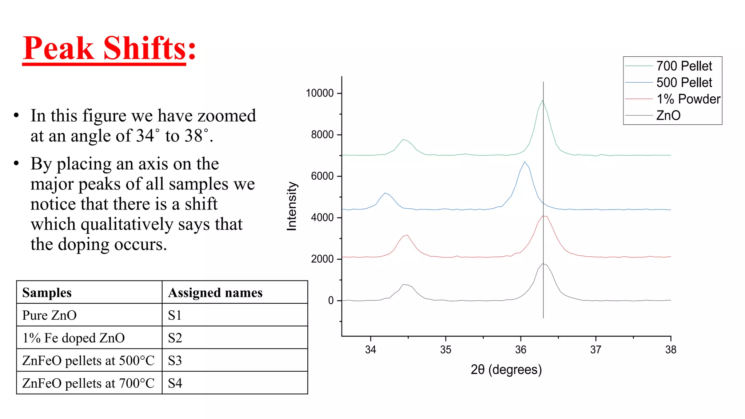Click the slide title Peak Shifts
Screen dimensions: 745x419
[x=109, y=48]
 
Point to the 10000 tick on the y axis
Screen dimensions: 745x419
[x=320, y=93]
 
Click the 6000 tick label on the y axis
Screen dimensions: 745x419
[x=322, y=176]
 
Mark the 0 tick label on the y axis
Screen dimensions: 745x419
[x=331, y=300]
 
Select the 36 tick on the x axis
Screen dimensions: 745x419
[x=521, y=350]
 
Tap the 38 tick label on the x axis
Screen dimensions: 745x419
[x=671, y=350]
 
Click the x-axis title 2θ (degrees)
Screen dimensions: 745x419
[x=506, y=370]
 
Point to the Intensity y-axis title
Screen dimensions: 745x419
[x=292, y=206]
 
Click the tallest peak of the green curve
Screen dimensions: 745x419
[x=542, y=100]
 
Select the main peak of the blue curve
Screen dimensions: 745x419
[x=524, y=162]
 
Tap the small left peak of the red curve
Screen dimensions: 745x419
[x=407, y=235]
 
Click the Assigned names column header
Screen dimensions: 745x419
[x=215, y=293]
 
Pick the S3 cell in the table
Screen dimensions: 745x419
[x=175, y=360]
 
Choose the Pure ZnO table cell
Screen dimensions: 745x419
[x=49, y=315]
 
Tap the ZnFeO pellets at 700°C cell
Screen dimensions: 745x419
[x=88, y=383]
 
